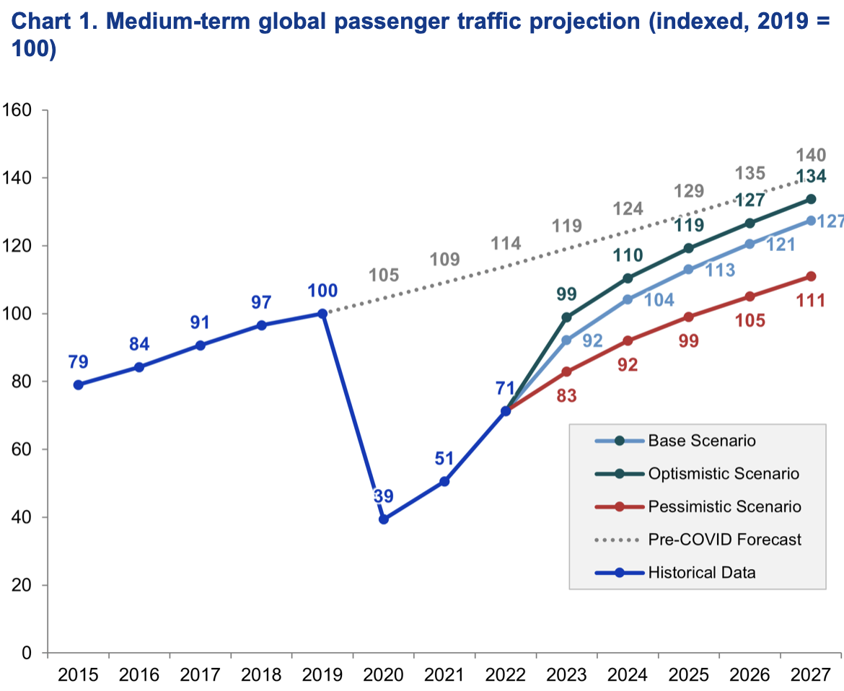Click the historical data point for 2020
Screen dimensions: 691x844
tap(384, 519)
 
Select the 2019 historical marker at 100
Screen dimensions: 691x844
tap(322, 313)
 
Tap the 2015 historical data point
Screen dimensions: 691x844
tap(78, 384)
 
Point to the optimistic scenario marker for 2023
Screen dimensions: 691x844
tap(566, 317)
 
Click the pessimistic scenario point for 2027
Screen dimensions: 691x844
tap(811, 276)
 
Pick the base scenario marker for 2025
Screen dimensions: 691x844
tap(688, 269)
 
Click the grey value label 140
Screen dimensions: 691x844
tap(810, 154)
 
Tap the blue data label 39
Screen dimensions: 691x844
tap(384, 496)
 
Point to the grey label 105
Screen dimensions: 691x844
tap(384, 275)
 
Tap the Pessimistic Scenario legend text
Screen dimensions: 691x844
tap(724, 506)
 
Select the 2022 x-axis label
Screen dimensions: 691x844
tap(506, 677)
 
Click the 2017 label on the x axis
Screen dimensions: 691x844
tap(200, 677)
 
